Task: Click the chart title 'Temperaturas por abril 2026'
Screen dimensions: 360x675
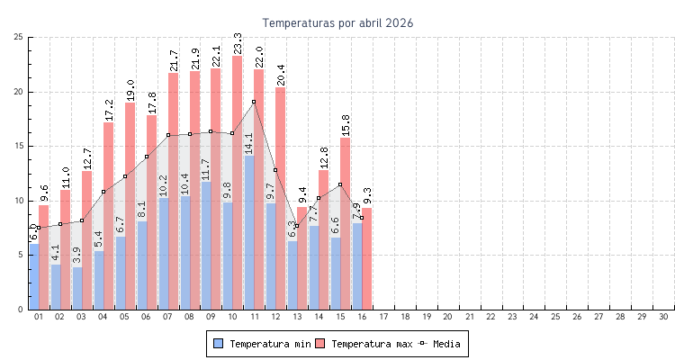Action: click(x=337, y=22)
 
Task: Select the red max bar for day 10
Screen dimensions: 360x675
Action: click(x=238, y=180)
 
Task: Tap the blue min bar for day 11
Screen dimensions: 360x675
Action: click(x=249, y=234)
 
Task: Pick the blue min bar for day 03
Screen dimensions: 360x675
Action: click(x=77, y=288)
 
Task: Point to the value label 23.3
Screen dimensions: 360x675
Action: click(x=237, y=43)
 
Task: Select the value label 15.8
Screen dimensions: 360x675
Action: click(x=345, y=126)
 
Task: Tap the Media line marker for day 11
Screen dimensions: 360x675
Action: click(x=254, y=102)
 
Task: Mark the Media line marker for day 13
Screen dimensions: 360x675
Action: click(x=297, y=226)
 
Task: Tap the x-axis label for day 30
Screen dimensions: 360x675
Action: click(x=663, y=317)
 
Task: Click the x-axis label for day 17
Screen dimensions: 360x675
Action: click(x=383, y=317)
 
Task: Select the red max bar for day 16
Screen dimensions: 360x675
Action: click(x=367, y=261)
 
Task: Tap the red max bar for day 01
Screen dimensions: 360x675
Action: click(x=44, y=261)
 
